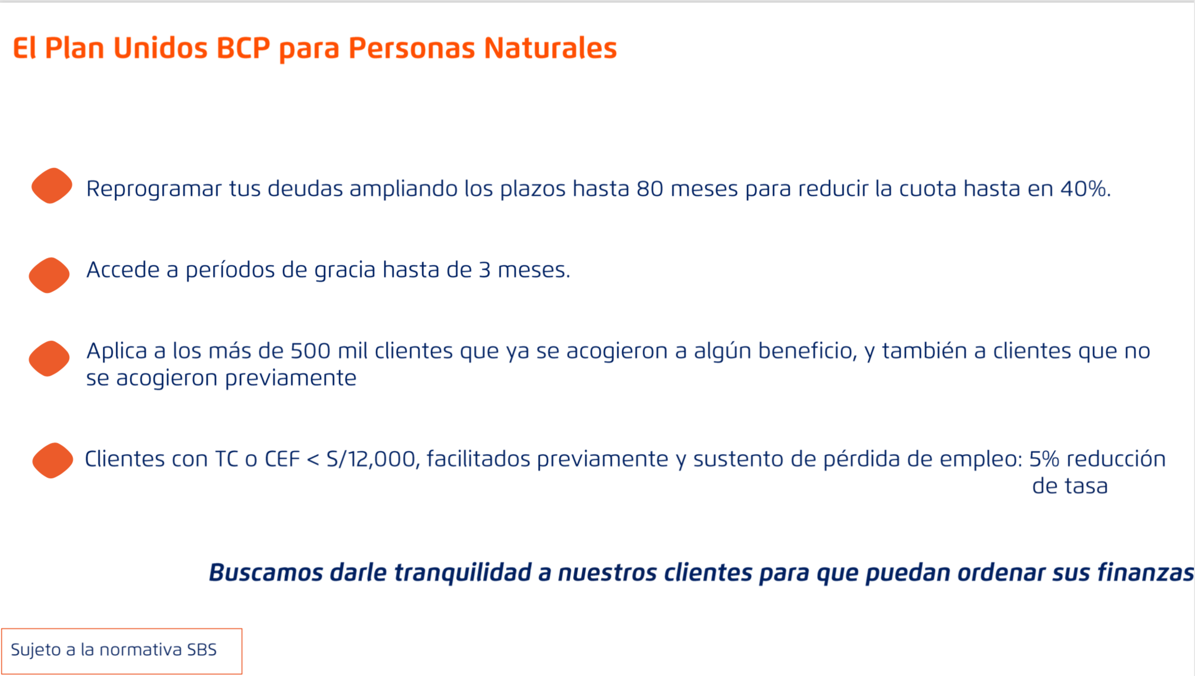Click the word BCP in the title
coord(243,48)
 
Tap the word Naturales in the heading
coord(550,48)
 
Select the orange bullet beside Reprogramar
coord(51,186)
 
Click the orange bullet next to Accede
coord(49,275)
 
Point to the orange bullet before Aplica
coord(49,358)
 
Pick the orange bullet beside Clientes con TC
coord(52,461)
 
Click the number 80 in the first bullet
coord(650,189)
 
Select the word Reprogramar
coord(154,190)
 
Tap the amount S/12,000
coord(373,459)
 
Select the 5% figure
coord(1044,459)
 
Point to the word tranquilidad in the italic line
coord(463,573)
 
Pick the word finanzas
coord(1146,573)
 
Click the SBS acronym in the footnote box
coord(202,650)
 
